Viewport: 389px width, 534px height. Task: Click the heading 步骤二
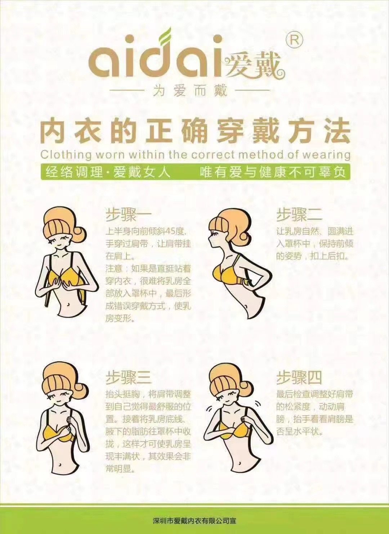(x=299, y=214)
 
